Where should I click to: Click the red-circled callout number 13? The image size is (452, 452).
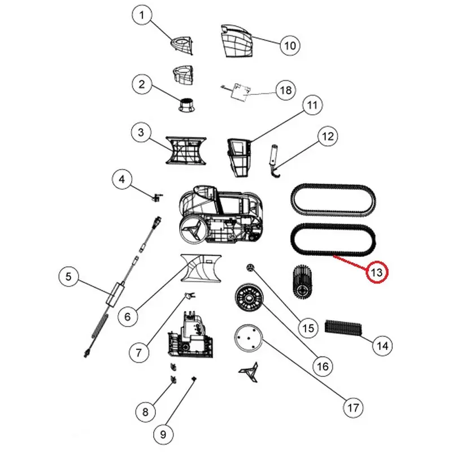click(377, 272)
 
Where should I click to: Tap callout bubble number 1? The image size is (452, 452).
click(142, 16)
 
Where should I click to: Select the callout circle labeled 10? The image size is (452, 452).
click(290, 46)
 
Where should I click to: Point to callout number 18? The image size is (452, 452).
click(286, 90)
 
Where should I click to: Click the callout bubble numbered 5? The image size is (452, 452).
click(68, 277)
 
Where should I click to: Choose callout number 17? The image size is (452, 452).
click(354, 407)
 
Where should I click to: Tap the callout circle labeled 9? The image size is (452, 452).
click(163, 434)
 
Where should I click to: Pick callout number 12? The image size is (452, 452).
click(328, 136)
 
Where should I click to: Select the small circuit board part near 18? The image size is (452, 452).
click(240, 92)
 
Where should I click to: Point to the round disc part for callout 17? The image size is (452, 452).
click(248, 338)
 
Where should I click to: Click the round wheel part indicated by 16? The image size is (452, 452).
click(249, 297)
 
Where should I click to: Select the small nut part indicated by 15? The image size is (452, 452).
click(250, 267)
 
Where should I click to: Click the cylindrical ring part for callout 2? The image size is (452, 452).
click(187, 105)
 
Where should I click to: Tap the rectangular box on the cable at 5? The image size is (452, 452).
click(115, 294)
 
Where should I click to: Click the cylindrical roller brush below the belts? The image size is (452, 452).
click(303, 281)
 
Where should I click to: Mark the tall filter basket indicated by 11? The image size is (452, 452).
click(238, 158)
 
